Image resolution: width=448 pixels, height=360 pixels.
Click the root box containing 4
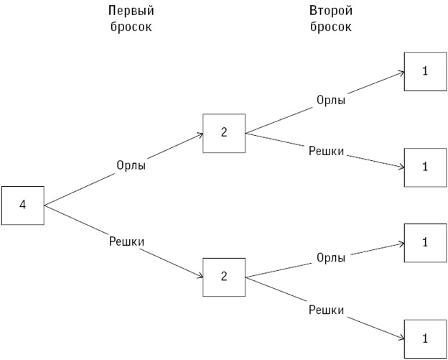tap(22, 206)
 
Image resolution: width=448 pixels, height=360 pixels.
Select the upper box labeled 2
tap(224, 132)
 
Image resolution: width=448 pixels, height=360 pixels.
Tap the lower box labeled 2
tap(224, 277)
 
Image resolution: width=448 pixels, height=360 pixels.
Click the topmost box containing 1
tap(425, 71)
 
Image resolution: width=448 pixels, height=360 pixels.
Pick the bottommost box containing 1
tap(425, 338)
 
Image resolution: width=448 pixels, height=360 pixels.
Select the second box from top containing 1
tap(425, 167)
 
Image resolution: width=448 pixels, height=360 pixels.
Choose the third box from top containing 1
tap(425, 242)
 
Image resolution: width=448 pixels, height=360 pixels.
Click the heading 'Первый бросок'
tap(131, 19)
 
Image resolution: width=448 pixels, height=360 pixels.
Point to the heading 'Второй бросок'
tap(331, 19)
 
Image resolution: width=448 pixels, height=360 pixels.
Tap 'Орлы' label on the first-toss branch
tap(131, 165)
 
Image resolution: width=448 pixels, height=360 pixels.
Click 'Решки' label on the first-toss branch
tap(126, 241)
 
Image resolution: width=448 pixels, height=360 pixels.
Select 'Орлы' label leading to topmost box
tap(331, 100)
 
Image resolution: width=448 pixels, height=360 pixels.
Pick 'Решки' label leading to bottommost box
tap(327, 310)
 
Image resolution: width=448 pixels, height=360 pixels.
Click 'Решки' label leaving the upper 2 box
tap(327, 151)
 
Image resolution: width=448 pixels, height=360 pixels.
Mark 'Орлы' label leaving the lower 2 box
tap(331, 257)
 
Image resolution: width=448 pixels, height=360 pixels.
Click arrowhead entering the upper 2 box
tap(200, 134)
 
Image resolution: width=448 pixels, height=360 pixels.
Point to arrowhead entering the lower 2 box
tap(200, 277)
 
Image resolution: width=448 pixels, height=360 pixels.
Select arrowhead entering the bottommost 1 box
tap(401, 338)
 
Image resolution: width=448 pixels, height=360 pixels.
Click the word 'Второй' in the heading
tap(331, 11)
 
